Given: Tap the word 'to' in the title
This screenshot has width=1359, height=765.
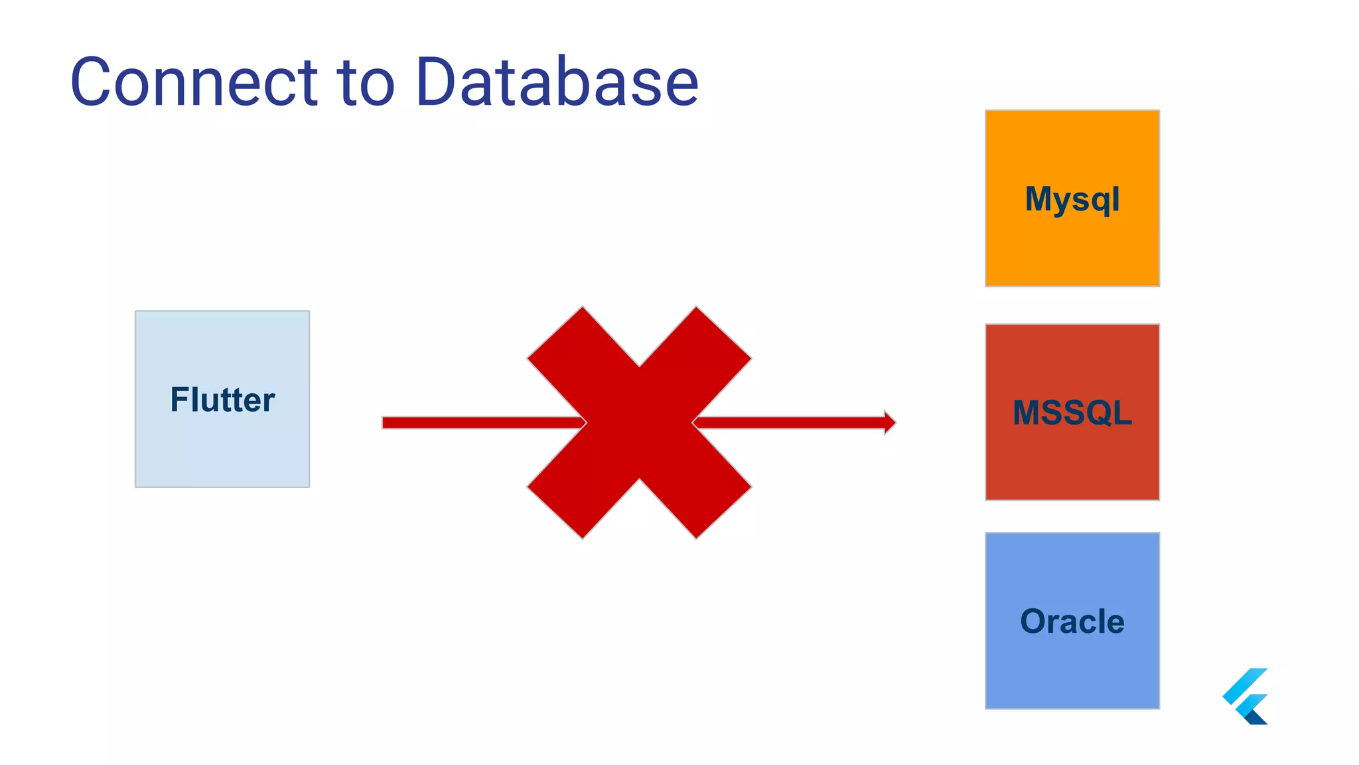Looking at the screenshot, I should tap(366, 82).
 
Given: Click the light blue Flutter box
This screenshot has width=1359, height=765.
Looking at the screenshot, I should tap(222, 452).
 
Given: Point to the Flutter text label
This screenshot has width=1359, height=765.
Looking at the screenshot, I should tap(222, 400).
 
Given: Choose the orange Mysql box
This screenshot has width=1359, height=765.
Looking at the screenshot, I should tap(1072, 252).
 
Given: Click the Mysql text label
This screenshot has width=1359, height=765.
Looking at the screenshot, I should tap(1072, 199).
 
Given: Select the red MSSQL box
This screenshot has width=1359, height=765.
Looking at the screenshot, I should tap(1072, 465).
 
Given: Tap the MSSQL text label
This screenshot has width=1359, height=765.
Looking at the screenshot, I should tap(1072, 412).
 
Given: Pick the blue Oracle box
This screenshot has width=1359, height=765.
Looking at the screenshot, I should tap(1072, 671).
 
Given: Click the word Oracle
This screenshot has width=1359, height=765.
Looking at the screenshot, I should tap(1072, 622).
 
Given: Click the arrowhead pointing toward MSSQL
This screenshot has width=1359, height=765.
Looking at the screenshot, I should tap(890, 422).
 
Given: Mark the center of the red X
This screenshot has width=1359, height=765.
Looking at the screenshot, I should tap(639, 422).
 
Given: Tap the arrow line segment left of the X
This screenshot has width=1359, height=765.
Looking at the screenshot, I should tap(478, 423).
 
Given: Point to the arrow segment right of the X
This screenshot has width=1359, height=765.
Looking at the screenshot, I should tap(790, 422).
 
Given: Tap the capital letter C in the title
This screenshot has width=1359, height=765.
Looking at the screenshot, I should tap(93, 82).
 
